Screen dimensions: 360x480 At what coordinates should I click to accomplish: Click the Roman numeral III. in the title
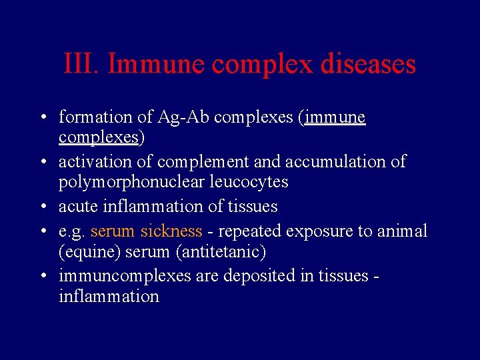(x=82, y=64)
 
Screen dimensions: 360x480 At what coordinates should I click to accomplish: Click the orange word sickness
(x=171, y=231)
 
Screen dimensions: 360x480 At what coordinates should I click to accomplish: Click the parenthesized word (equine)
(x=85, y=252)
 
